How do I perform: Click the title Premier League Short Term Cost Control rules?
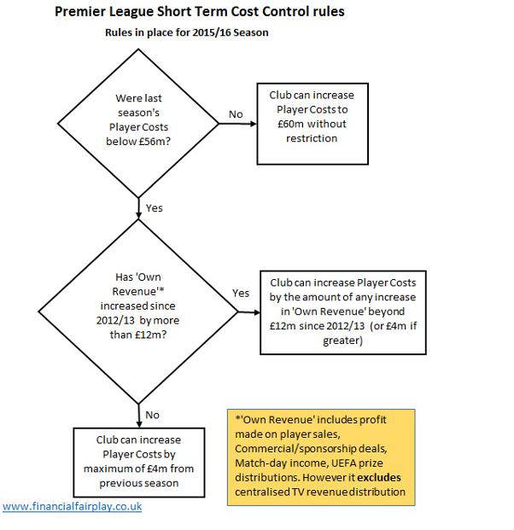tap(200, 12)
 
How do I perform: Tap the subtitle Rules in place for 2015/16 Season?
tap(187, 32)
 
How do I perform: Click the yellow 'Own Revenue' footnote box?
tap(321, 457)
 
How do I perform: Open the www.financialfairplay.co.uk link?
tap(72, 506)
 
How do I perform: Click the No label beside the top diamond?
tap(236, 114)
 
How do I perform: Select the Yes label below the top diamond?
tap(155, 208)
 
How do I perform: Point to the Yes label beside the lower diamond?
tap(241, 293)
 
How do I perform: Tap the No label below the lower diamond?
tap(152, 415)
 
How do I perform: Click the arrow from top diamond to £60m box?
tap(237, 124)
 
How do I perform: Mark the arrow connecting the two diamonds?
tap(138, 208)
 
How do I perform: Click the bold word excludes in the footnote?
tap(379, 477)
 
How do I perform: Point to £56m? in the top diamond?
tap(155, 142)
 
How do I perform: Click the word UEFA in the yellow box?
tap(342, 463)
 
